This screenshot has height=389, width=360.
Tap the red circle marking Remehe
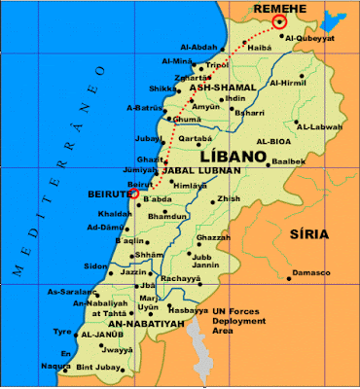tap(281, 21)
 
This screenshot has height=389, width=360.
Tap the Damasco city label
tap(308, 273)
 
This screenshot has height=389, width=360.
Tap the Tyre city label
tap(62, 330)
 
